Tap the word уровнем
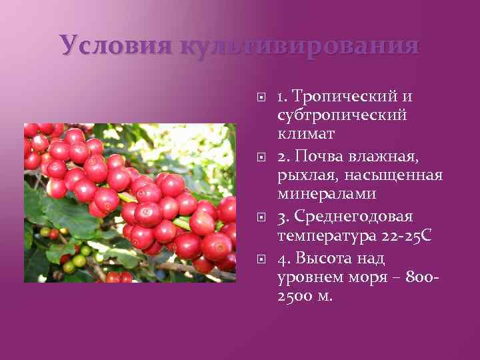tap(307, 277)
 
